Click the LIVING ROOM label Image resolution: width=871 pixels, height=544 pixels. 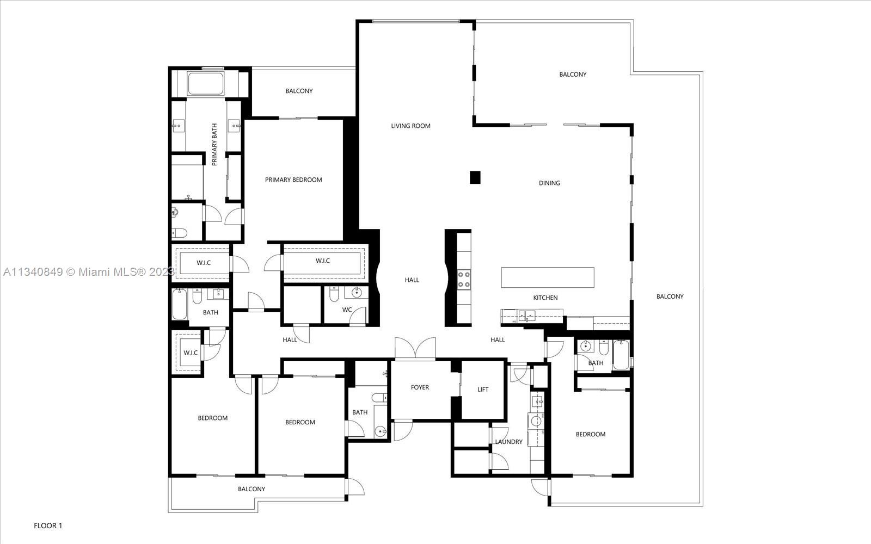(410, 126)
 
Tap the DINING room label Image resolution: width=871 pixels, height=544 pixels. (549, 183)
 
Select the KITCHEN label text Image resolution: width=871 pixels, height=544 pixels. (545, 298)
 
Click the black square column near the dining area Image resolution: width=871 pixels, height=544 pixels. (475, 177)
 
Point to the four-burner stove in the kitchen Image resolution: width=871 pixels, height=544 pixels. (464, 280)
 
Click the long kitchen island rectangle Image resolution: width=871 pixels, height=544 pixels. (547, 277)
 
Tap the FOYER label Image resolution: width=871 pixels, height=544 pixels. (420, 387)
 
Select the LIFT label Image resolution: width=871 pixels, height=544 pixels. (483, 390)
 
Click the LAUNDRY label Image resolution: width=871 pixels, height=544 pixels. (508, 442)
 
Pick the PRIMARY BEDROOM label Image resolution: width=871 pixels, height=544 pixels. (293, 180)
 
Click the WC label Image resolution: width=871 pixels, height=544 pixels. (347, 310)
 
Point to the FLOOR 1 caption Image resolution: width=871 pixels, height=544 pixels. (48, 526)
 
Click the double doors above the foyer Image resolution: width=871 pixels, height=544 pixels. (415, 348)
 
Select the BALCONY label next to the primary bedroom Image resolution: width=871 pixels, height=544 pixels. (299, 91)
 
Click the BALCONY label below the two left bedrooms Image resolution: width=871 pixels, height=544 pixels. (252, 489)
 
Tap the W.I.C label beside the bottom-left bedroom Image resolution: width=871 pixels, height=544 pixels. (191, 353)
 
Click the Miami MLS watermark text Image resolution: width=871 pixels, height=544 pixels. (87, 271)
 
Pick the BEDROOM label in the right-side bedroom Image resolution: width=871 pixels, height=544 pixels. (591, 434)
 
